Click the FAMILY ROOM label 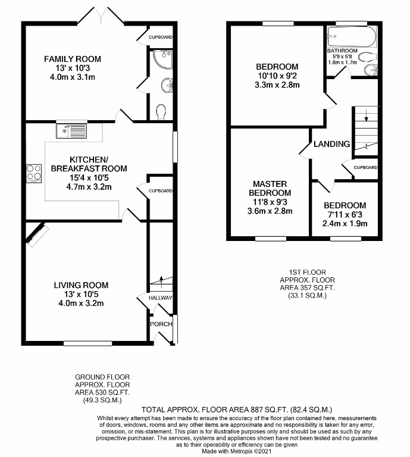pyautogui.click(x=73, y=59)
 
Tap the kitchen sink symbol pyautogui.click(x=71, y=129)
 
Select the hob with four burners pyautogui.click(x=33, y=172)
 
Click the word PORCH pyautogui.click(x=160, y=324)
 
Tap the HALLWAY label pyautogui.click(x=161, y=298)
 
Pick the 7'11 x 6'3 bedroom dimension pyautogui.click(x=345, y=215)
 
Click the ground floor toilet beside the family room pyautogui.click(x=160, y=111)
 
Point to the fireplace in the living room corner pyautogui.click(x=36, y=233)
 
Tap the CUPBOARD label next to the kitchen pyautogui.click(x=161, y=191)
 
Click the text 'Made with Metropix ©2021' pyautogui.click(x=238, y=451)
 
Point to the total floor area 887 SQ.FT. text pyautogui.click(x=237, y=409)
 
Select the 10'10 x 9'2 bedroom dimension pyautogui.click(x=277, y=76)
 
